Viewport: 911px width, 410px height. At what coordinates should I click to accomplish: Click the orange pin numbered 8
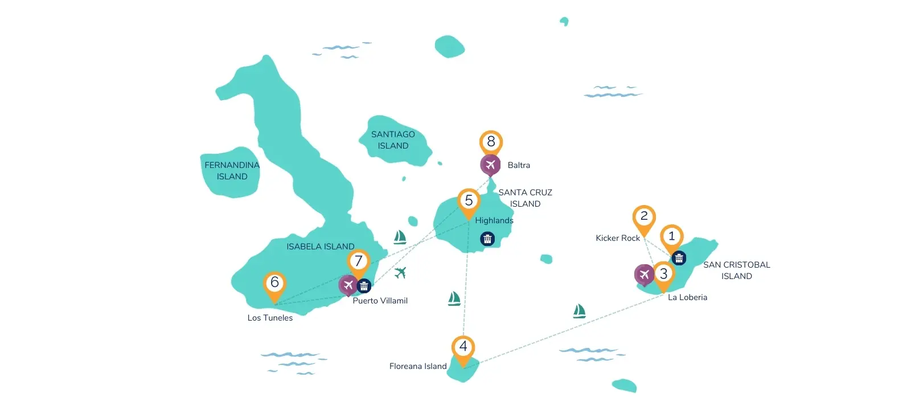(x=491, y=143)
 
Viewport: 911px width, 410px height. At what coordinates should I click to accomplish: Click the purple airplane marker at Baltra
(x=490, y=165)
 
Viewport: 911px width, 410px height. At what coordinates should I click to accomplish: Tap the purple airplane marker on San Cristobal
(x=644, y=275)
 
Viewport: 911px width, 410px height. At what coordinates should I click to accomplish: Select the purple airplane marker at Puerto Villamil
(x=348, y=285)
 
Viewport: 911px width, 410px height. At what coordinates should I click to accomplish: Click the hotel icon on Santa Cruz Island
(x=487, y=239)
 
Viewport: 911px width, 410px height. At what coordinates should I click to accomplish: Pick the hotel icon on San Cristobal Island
(x=679, y=258)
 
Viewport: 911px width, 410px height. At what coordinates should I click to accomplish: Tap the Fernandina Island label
(x=232, y=171)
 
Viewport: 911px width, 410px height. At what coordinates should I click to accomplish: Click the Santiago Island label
(x=393, y=140)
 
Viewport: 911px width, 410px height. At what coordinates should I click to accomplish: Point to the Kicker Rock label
(x=618, y=238)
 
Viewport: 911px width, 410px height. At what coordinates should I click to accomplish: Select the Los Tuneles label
(x=270, y=318)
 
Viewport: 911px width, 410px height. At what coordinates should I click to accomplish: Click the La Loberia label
(x=687, y=297)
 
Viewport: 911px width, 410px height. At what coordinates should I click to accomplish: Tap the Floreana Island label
(x=418, y=366)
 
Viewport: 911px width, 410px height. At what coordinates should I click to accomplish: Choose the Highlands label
(x=494, y=220)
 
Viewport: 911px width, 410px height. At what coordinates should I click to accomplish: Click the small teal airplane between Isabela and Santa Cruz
(x=400, y=273)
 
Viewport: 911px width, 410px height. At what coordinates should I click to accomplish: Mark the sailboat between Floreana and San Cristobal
(x=579, y=311)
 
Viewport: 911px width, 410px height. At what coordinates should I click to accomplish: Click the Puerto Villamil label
(x=380, y=301)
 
